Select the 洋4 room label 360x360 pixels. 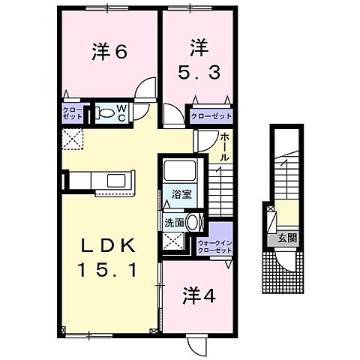pos(199,295)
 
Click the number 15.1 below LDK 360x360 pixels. pos(107,269)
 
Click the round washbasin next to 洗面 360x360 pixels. pos(193,223)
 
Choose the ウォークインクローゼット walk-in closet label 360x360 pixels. pos(214,246)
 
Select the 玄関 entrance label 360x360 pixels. pos(289,238)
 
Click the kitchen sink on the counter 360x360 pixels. pos(117,180)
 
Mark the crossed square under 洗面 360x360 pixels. pos(175,241)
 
